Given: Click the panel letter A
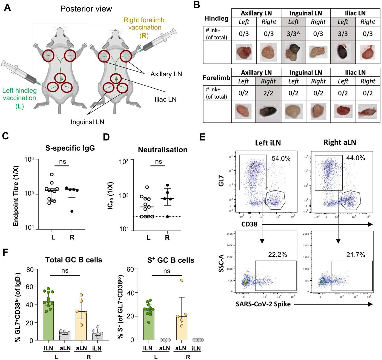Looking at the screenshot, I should point(7,7).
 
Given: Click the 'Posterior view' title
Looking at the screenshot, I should point(86,9).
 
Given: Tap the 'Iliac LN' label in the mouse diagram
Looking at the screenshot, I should point(165,99).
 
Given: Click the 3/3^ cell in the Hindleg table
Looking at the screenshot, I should point(293,34).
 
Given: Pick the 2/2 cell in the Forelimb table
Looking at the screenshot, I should point(268,93).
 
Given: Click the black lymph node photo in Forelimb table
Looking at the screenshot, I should point(268,111).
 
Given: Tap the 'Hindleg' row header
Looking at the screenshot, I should point(216,18).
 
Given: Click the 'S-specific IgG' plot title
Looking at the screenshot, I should point(70,148).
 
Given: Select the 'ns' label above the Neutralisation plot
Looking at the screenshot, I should point(158,161).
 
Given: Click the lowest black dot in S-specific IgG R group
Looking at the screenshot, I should point(72,211).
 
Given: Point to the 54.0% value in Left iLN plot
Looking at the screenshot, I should point(281,158).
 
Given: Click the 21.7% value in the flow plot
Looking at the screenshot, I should point(355,255).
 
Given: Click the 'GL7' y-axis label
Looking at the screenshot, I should point(221,180).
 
